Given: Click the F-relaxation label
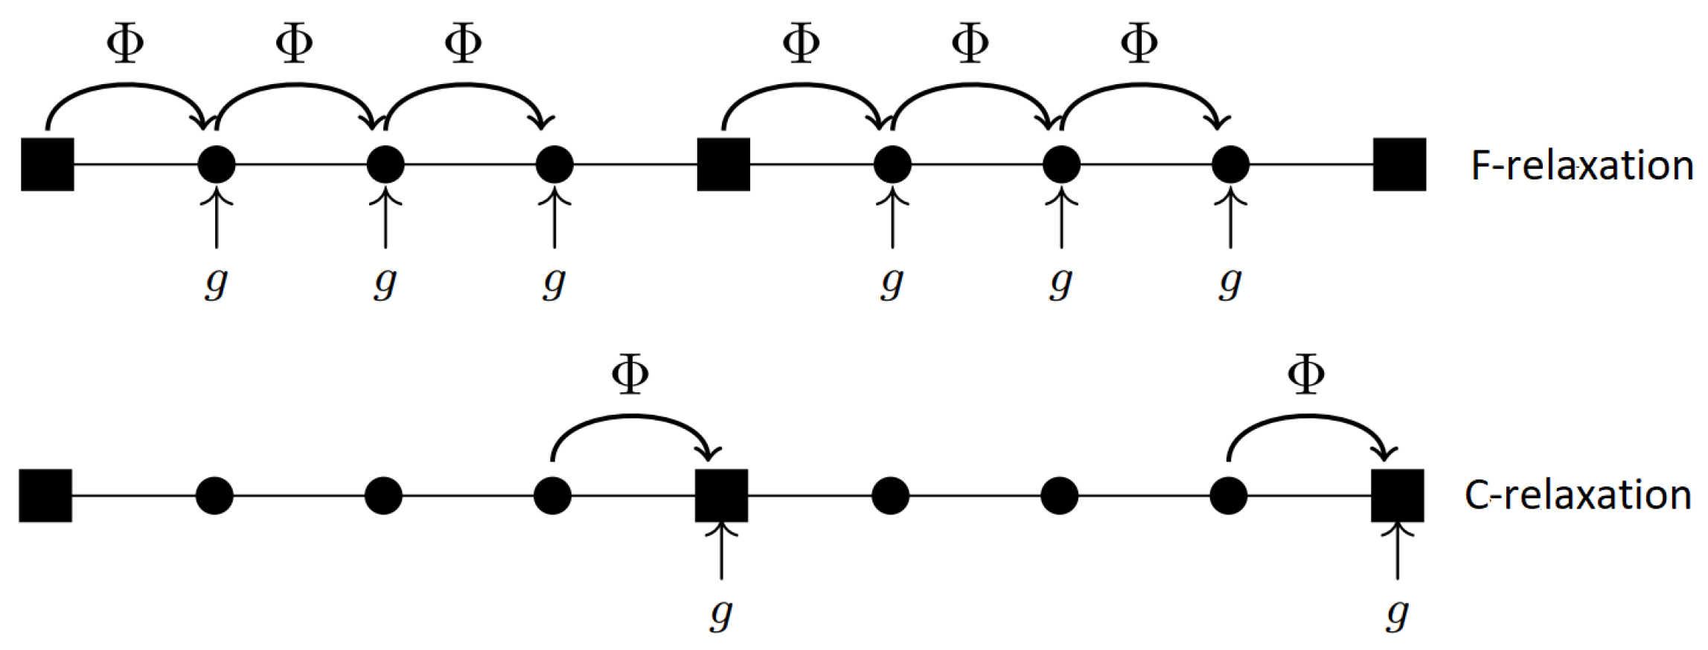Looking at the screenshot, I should pos(1581,165).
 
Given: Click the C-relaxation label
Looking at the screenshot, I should pos(1578,495).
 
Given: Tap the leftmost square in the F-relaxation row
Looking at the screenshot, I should pos(48,165).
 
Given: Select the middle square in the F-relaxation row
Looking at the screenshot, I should pos(723,165).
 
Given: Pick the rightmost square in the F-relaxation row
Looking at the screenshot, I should pos(1399,165).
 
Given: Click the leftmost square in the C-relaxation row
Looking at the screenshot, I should pos(45,495).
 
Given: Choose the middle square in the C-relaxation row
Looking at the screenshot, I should pos(721,495).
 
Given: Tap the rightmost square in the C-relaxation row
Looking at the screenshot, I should pos(1398,495).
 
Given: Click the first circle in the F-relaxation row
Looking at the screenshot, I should pos(217,165).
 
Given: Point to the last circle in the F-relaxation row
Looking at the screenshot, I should pos(1230,165).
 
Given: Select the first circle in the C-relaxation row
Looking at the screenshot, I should pos(214,495).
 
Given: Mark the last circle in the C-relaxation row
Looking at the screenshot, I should pos(1228,495).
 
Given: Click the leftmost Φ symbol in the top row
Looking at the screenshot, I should pos(125,43).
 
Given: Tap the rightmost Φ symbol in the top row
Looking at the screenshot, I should pos(1139,43).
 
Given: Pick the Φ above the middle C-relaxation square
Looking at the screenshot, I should pos(630,374).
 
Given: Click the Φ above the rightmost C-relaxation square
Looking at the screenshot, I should pos(1305,374).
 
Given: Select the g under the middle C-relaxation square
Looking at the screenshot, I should pos(720,614).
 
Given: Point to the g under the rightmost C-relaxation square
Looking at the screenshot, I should pos(1397,614).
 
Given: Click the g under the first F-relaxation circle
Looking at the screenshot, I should pos(216,283).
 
